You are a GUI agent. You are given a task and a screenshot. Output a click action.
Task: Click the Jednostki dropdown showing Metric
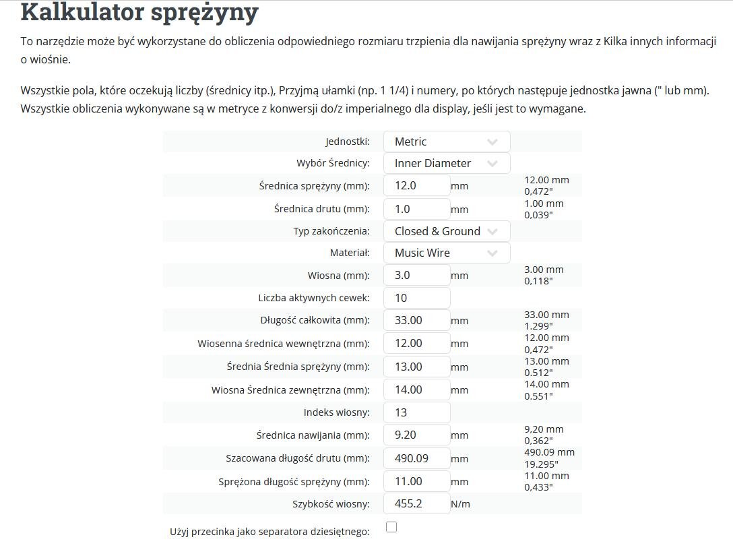(x=446, y=142)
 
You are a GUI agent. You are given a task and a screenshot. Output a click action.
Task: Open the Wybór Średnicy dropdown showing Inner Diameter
(x=446, y=163)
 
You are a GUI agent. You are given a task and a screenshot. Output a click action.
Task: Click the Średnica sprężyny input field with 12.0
(x=416, y=185)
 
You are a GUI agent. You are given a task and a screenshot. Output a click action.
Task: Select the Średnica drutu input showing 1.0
(x=416, y=209)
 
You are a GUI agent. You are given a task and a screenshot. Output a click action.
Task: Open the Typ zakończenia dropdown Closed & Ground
(x=446, y=231)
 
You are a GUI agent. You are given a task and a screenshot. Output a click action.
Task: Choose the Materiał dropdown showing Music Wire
(x=446, y=253)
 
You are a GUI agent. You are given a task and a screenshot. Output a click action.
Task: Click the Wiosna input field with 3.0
(x=416, y=275)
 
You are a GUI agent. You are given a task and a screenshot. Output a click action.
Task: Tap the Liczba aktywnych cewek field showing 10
(x=416, y=298)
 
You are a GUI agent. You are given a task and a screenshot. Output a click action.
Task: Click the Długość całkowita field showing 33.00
(x=416, y=321)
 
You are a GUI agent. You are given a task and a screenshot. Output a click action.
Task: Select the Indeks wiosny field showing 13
(x=416, y=412)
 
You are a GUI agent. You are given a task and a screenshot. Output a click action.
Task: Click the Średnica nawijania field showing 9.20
(x=416, y=435)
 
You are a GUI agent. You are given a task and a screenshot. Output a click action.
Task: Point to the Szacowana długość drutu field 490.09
(x=416, y=458)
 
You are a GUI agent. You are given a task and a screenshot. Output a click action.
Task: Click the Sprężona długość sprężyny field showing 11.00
(x=416, y=481)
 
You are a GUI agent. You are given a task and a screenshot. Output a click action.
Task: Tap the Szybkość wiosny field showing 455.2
(x=416, y=503)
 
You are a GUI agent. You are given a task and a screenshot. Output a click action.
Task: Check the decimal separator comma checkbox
(x=391, y=527)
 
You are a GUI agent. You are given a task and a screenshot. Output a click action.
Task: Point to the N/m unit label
(x=461, y=504)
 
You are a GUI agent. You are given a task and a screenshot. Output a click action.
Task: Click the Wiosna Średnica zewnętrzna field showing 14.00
(x=416, y=390)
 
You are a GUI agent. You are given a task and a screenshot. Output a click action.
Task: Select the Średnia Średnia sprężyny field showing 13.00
(x=416, y=367)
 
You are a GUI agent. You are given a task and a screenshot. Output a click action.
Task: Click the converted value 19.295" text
(x=541, y=464)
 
